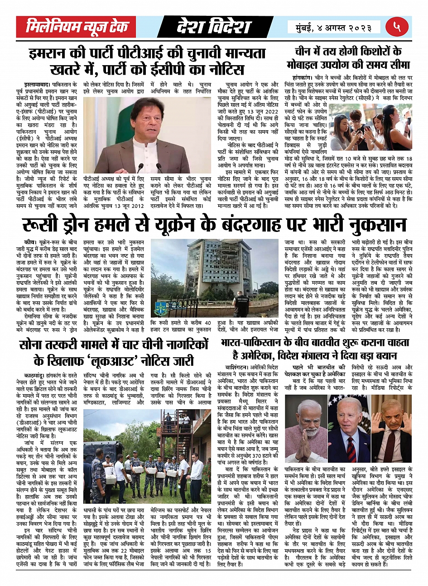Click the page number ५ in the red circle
397,27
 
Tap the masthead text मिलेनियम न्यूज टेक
77,27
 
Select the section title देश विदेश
213,27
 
